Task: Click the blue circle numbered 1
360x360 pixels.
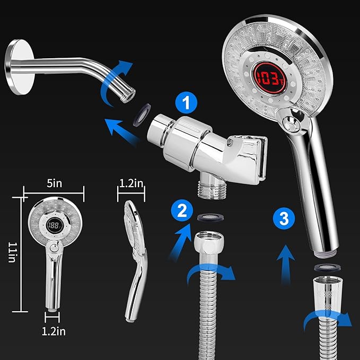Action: point(186,103)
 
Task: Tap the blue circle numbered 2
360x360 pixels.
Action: point(182,210)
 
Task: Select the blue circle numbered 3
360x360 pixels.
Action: point(284,218)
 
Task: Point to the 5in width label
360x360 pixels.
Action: point(55,183)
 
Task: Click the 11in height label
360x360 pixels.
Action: point(12,252)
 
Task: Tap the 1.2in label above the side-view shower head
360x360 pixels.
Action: point(131,183)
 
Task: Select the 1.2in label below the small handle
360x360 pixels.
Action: point(54,331)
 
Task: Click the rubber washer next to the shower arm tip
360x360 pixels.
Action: point(142,115)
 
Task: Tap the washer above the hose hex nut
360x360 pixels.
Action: point(210,217)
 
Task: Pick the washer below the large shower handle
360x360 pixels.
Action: point(327,268)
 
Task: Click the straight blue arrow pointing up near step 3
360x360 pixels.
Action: point(286,265)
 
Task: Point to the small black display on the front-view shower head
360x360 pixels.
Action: point(55,225)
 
